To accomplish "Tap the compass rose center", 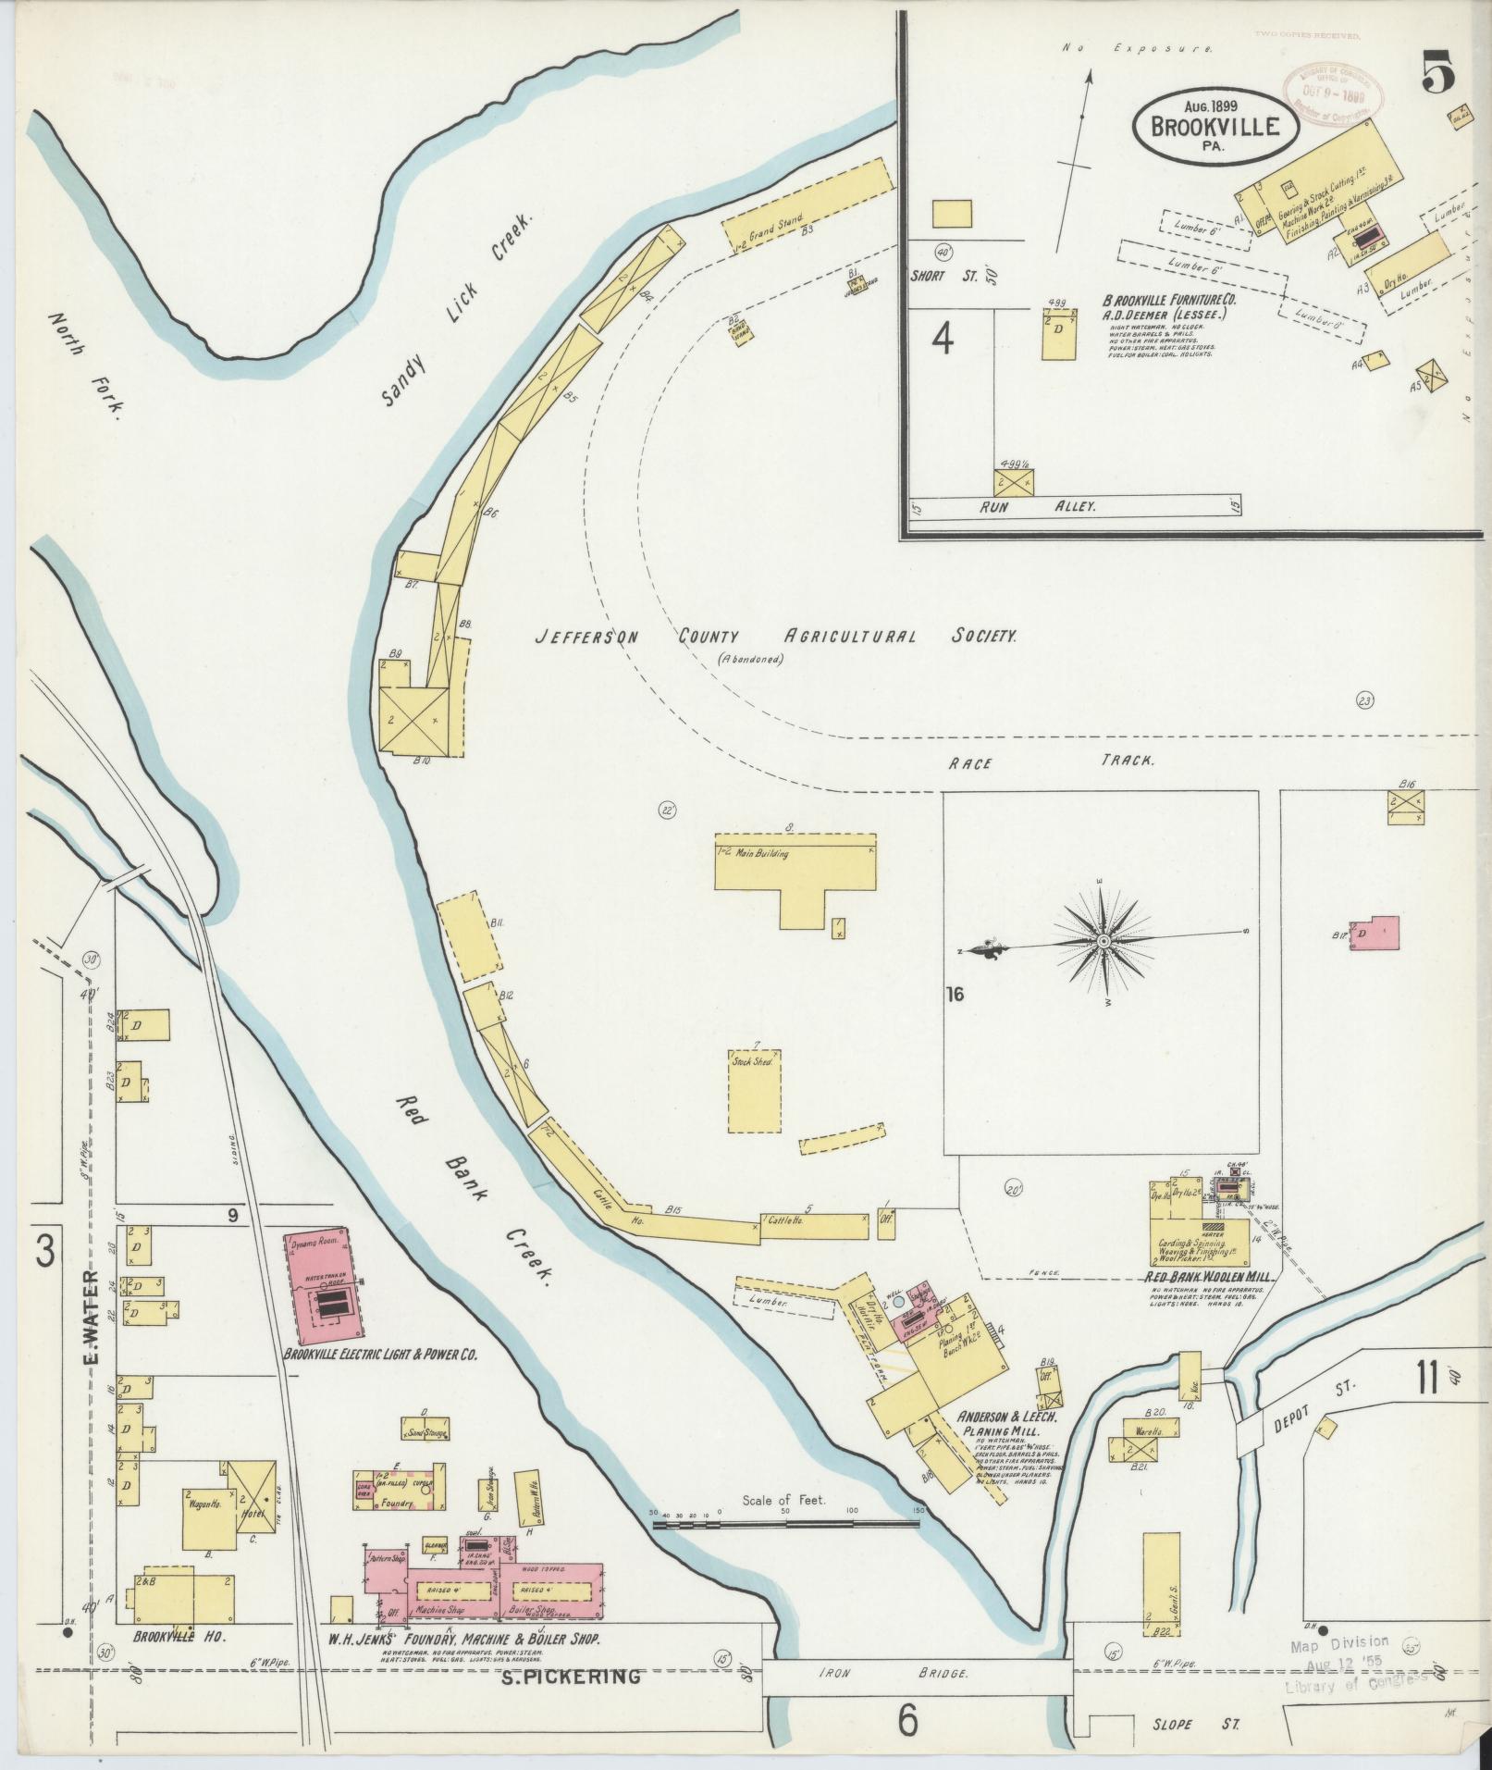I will click(1103, 942).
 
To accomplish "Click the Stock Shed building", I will click(756, 1090).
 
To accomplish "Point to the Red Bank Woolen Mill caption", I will click(1205, 1277).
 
